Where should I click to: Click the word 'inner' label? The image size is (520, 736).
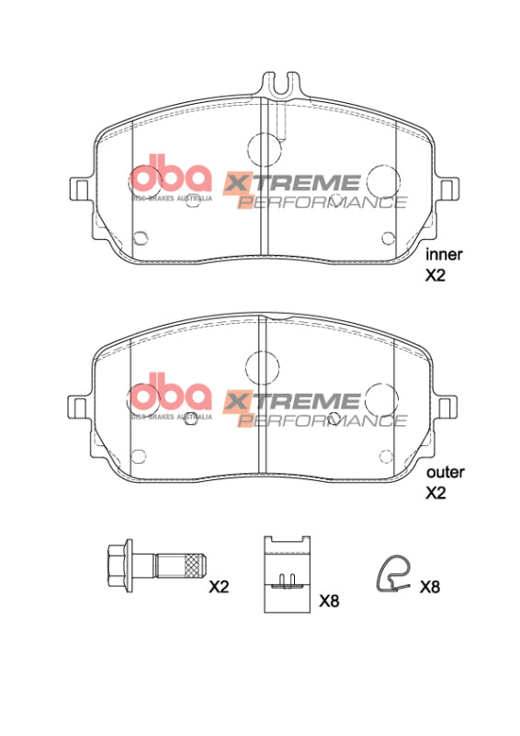pyautogui.click(x=443, y=254)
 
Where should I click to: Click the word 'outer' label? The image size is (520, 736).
pyautogui.click(x=444, y=472)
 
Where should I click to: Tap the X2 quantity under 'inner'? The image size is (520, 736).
pyautogui.click(x=435, y=274)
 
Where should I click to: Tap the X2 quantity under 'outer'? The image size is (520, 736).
pyautogui.click(x=435, y=492)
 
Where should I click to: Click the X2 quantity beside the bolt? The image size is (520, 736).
pyautogui.click(x=220, y=586)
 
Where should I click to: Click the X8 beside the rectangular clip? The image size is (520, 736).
pyautogui.click(x=329, y=601)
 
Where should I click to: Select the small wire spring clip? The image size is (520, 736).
pyautogui.click(x=395, y=573)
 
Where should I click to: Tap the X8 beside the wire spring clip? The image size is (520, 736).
pyautogui.click(x=430, y=586)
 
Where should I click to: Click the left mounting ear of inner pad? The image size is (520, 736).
pyautogui.click(x=80, y=188)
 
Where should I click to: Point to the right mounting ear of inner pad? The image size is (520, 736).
pyautogui.click(x=448, y=188)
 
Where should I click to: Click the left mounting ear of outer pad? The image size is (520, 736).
pyautogui.click(x=80, y=406)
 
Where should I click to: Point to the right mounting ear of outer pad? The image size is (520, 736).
pyautogui.click(x=448, y=406)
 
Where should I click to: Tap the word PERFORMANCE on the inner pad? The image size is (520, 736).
pyautogui.click(x=322, y=201)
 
